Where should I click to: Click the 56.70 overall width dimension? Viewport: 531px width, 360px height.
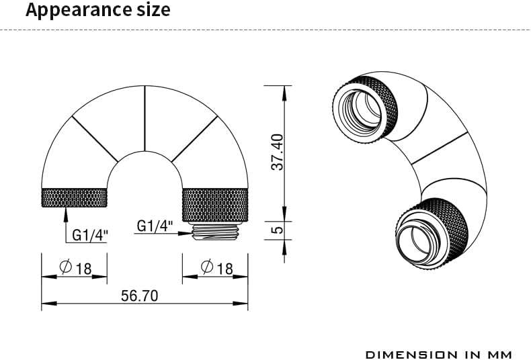point(140,296)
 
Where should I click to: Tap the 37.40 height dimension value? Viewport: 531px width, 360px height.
point(278,152)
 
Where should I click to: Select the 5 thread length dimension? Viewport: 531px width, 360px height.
point(277,230)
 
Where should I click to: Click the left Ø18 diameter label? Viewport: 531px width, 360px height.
point(75,268)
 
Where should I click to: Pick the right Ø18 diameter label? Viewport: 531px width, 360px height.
point(216,267)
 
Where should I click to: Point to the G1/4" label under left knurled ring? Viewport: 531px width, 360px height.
point(90,235)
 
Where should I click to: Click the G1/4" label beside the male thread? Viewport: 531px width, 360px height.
point(155,226)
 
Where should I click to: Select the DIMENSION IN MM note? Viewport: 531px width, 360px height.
point(439,355)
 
